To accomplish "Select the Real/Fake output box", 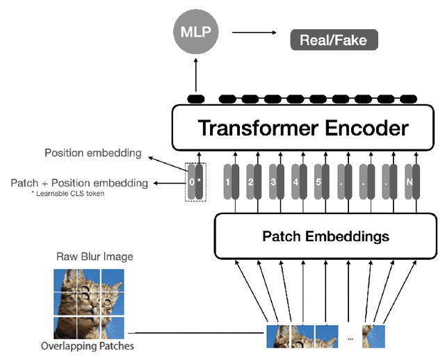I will (333, 40).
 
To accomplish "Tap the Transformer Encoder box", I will (303, 128).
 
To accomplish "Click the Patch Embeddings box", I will (325, 236).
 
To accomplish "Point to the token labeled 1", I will (227, 182).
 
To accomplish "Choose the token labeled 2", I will (250, 182).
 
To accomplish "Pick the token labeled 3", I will (273, 182).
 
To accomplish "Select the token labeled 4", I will (296, 182).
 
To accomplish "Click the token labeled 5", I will (319, 182).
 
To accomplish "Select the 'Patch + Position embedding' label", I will (79, 183).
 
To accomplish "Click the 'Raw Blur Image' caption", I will (95, 256).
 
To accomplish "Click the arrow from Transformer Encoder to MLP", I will (196, 76).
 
